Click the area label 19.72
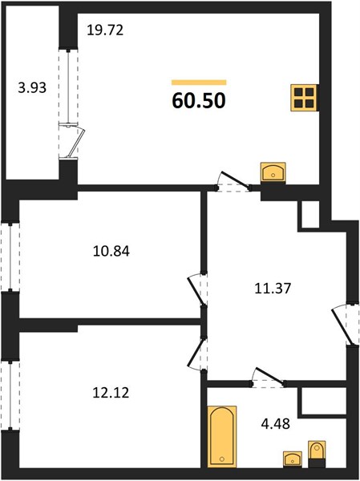105,30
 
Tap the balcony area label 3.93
32,88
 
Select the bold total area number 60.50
199,100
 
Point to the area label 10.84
111,251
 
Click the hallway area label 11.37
273,289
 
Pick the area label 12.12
111,393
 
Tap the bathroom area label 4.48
275,424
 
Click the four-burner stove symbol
304,98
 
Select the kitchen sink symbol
273,172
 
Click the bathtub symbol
222,437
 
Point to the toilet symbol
317,454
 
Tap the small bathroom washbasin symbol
293,459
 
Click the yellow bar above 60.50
199,83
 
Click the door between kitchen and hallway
233,182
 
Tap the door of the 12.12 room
197,353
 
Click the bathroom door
269,378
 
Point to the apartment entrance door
346,325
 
